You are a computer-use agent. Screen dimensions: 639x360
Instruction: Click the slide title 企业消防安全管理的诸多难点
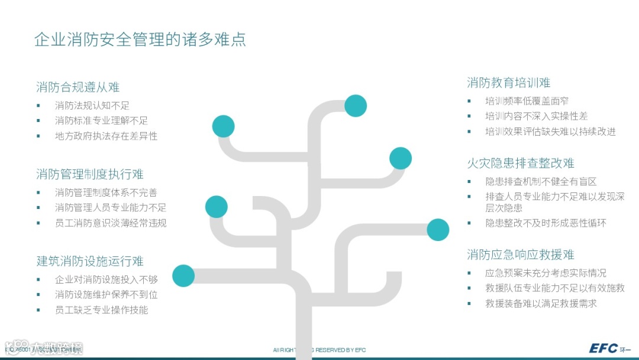click(x=140, y=40)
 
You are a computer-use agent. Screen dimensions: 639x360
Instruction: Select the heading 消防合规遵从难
click(x=78, y=88)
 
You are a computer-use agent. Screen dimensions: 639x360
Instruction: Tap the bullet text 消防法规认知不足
click(x=92, y=105)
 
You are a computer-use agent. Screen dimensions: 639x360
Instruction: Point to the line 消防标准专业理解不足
click(x=101, y=121)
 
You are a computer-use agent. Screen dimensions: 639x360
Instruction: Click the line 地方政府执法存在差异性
click(x=106, y=136)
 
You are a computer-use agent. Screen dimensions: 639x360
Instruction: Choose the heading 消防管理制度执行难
click(x=89, y=175)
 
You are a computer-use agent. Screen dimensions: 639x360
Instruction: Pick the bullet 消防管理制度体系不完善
click(x=106, y=192)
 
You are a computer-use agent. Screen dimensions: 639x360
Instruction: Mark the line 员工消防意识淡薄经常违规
click(x=111, y=223)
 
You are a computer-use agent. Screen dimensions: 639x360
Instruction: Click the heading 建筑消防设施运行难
click(x=89, y=262)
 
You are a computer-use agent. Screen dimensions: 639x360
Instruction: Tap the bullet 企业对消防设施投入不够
click(x=106, y=279)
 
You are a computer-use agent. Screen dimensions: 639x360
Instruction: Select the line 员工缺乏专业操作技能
click(x=101, y=310)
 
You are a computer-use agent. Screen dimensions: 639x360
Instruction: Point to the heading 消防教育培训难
click(x=508, y=83)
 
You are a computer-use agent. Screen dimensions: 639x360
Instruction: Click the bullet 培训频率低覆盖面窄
click(x=527, y=101)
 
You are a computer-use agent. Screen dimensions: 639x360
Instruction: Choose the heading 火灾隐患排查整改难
click(x=521, y=163)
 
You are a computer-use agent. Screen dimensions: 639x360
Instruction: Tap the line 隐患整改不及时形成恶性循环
click(x=546, y=223)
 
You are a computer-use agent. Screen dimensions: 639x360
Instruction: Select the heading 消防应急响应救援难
click(x=521, y=255)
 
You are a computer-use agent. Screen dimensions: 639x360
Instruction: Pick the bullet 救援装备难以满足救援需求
click(x=541, y=304)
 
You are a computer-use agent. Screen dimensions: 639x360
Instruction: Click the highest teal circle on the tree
click(x=356, y=105)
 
